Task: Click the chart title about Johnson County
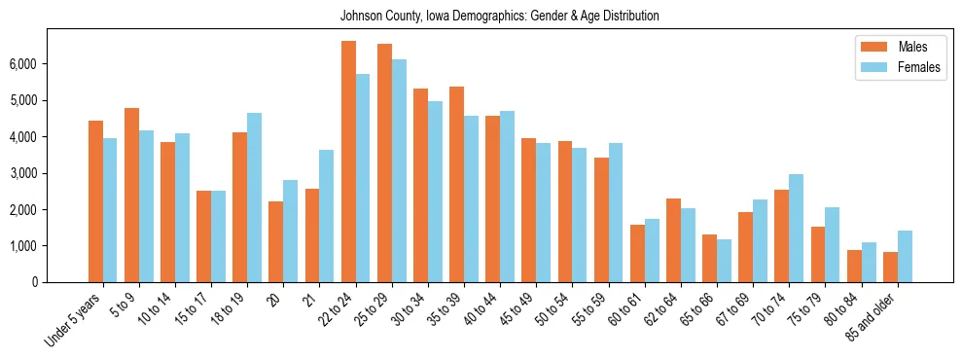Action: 499,16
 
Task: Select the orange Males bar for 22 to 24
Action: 348,162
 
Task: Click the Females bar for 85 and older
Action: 905,257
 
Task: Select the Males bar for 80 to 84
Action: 854,267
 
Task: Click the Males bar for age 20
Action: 276,242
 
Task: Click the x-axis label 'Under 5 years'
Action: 74,321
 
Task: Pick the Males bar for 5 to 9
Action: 131,195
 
